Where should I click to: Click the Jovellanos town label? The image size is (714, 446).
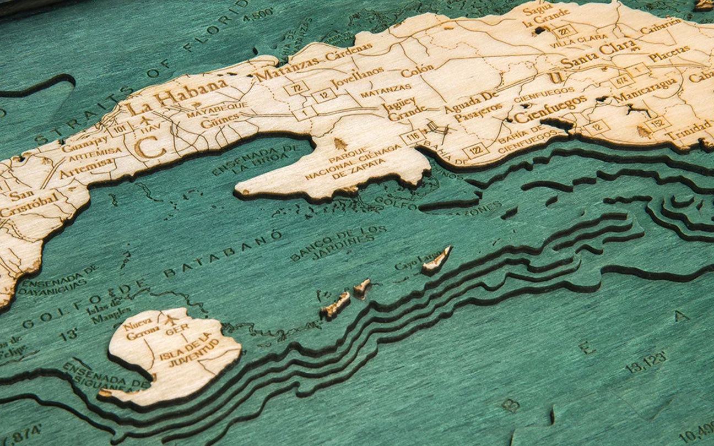tap(357, 77)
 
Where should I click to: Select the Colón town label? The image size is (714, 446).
tap(417, 71)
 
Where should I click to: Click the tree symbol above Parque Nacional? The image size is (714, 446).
tap(340, 144)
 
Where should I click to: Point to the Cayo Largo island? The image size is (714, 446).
tap(437, 260)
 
